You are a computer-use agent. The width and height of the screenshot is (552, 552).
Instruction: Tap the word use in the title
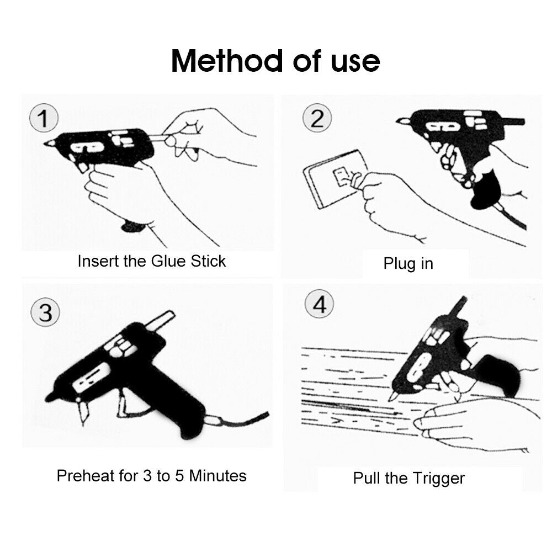[354, 61]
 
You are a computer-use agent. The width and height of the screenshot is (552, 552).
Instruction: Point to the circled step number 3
[45, 313]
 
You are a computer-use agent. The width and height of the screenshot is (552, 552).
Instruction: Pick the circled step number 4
[320, 305]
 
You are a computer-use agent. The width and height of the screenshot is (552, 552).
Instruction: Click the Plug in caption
[408, 263]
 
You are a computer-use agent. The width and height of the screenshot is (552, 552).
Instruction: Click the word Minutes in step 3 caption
[217, 475]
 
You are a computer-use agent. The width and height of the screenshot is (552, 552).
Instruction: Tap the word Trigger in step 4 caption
[438, 478]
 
